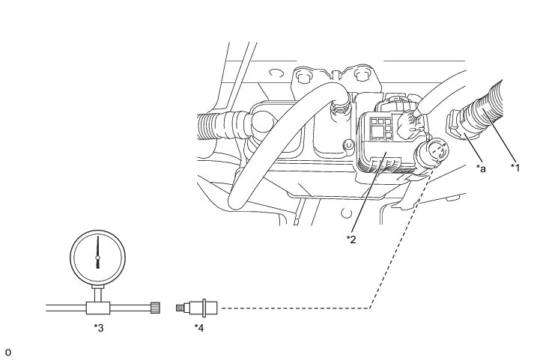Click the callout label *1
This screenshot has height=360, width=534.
(x=515, y=167)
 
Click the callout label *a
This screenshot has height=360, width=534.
(x=482, y=169)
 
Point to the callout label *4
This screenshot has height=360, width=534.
(x=199, y=327)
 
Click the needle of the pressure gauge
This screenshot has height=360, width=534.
(x=97, y=251)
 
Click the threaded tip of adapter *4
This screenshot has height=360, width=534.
(x=180, y=307)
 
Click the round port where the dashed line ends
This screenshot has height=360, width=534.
(x=437, y=153)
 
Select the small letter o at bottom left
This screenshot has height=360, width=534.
(x=8, y=352)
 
